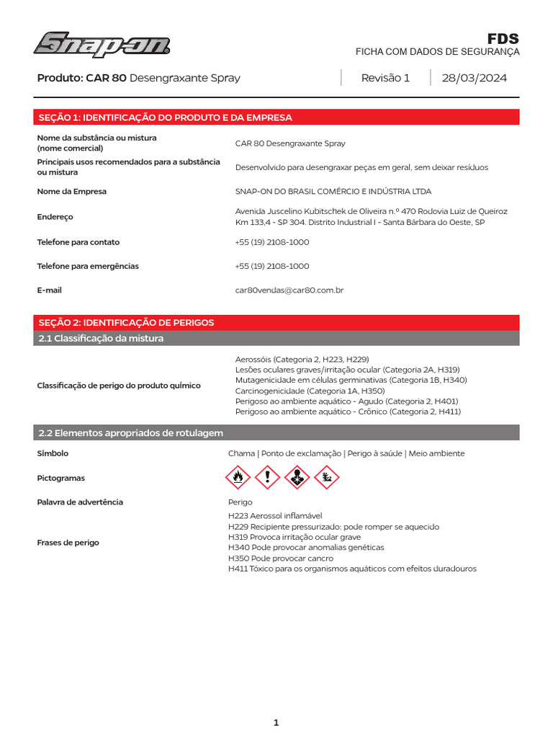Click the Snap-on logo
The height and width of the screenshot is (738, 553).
(102, 45)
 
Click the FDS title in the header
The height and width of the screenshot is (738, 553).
(503, 39)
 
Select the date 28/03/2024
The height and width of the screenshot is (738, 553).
(475, 78)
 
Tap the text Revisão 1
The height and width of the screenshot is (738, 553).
(385, 78)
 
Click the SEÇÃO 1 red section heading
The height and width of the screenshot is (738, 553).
(165, 117)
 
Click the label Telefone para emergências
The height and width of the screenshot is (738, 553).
(88, 266)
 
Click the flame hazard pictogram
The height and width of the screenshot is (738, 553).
(238, 476)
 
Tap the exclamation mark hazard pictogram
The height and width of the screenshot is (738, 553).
(268, 476)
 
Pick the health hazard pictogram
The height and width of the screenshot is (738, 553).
(297, 476)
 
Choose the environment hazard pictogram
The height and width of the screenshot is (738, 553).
(326, 476)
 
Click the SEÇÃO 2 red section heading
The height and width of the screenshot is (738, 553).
(126, 322)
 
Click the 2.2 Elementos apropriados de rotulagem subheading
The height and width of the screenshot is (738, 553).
(130, 432)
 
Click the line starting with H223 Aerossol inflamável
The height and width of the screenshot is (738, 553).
(275, 516)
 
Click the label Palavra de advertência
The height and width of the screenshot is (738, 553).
(80, 502)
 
